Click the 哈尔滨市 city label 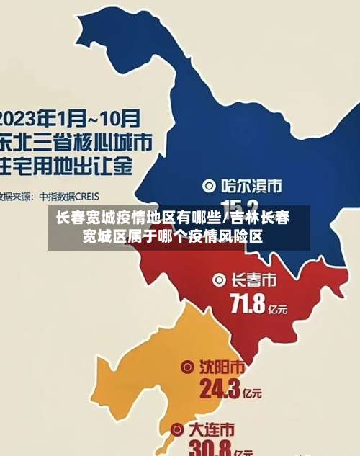click(251, 186)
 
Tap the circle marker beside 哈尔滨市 click(210, 186)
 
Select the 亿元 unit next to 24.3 click(251, 394)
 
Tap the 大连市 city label click(211, 430)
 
